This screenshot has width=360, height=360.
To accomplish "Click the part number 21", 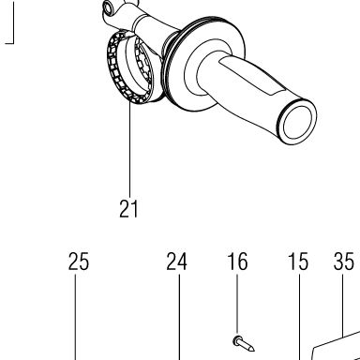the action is click(128, 209).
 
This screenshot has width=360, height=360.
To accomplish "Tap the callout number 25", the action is click(79, 262).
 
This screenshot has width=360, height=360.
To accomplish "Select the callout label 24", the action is click(176, 262).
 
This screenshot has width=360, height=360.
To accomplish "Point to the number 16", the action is click(237, 262).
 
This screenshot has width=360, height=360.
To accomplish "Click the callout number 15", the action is click(298, 262).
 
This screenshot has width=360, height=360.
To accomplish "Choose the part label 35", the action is click(344, 262).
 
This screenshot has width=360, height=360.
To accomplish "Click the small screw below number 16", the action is click(244, 343).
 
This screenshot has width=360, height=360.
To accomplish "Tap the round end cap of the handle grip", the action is click(297, 122).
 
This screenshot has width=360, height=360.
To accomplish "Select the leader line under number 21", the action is click(129, 151).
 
